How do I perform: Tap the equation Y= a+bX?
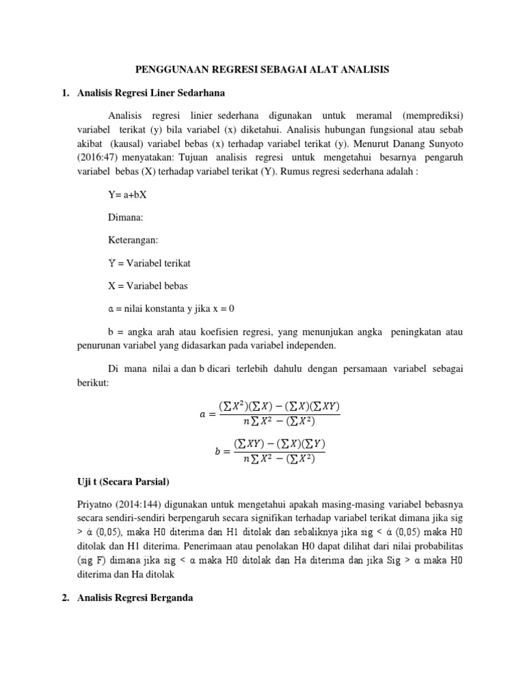point(128,196)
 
